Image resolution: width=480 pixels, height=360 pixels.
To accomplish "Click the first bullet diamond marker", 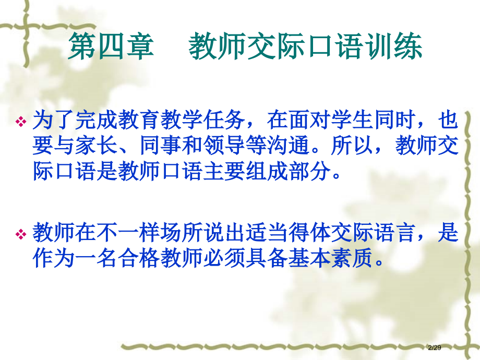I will tap(21, 122).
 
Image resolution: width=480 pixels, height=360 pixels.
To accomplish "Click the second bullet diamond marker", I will tap(21, 235).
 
